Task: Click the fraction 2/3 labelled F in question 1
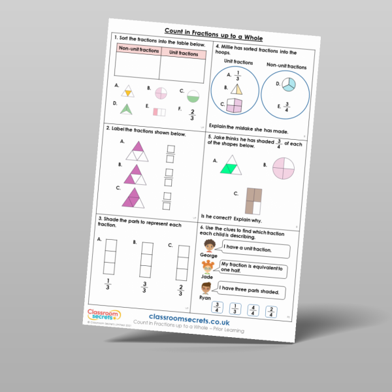[191, 116]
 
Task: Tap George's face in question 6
[209, 247]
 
